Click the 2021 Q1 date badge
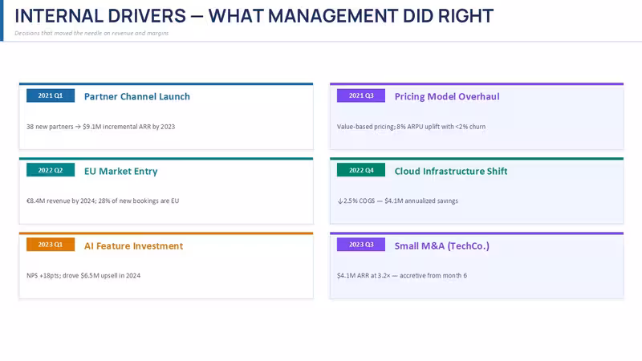pyautogui.click(x=51, y=95)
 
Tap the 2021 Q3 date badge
pyautogui.click(x=360, y=95)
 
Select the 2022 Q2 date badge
pyautogui.click(x=51, y=170)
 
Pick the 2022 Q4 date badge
pyautogui.click(x=360, y=170)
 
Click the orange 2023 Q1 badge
pyautogui.click(x=51, y=245)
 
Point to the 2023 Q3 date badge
pyautogui.click(x=360, y=245)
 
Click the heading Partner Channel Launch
pyautogui.click(x=137, y=96)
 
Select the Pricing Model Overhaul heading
pyautogui.click(x=447, y=96)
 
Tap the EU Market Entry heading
pyautogui.click(x=121, y=171)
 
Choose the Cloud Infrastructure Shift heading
pyautogui.click(x=451, y=171)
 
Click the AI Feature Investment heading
pyautogui.click(x=133, y=246)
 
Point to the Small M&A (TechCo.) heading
pyautogui.click(x=442, y=246)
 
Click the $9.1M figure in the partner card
pyautogui.click(x=91, y=127)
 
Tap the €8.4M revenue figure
pyautogui.click(x=35, y=201)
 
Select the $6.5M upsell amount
pyautogui.click(x=90, y=275)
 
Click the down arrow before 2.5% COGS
pyautogui.click(x=339, y=201)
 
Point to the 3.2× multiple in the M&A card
pyautogui.click(x=384, y=275)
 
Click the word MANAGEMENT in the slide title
pyautogui.click(x=333, y=16)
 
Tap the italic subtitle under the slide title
pyautogui.click(x=91, y=33)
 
